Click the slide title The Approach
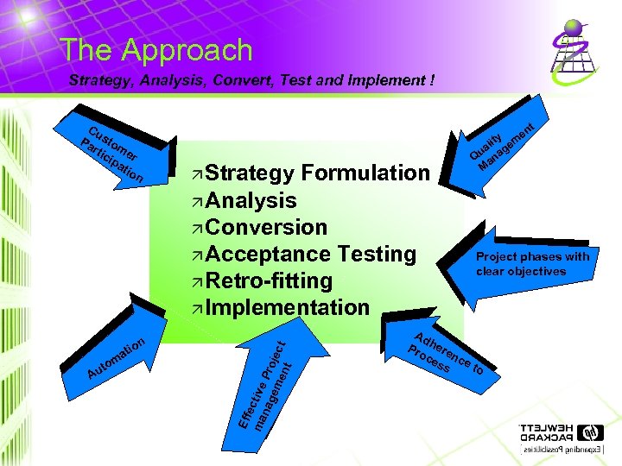(x=156, y=50)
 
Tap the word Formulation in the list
(x=365, y=173)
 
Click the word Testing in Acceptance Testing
(x=377, y=255)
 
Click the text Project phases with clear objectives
(x=532, y=264)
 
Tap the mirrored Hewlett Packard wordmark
(x=546, y=433)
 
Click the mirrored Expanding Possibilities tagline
(x=562, y=451)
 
